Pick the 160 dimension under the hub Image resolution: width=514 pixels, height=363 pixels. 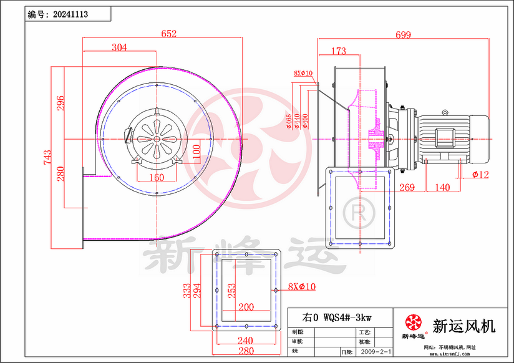pos(157,177)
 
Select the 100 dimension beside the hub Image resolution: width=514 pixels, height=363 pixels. pos(196,150)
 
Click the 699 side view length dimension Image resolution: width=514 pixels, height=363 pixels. pos(403,36)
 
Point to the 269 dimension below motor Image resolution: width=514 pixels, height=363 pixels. pos(407,187)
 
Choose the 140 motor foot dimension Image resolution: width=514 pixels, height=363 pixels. pos(442,187)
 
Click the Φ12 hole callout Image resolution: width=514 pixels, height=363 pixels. pos(480,175)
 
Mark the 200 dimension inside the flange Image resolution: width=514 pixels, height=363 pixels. pos(246,307)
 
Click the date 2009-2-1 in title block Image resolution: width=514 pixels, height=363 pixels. pos(375,352)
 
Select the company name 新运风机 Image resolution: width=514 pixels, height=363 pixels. pos(463,326)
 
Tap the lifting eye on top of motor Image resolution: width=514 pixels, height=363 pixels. pos(445,112)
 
